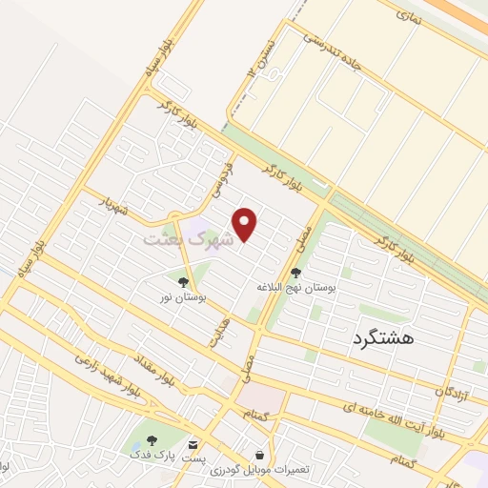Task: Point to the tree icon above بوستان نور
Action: (x=183, y=281)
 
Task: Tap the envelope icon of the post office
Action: (x=194, y=444)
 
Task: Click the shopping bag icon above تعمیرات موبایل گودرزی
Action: (x=260, y=456)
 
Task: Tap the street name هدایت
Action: (x=220, y=333)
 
